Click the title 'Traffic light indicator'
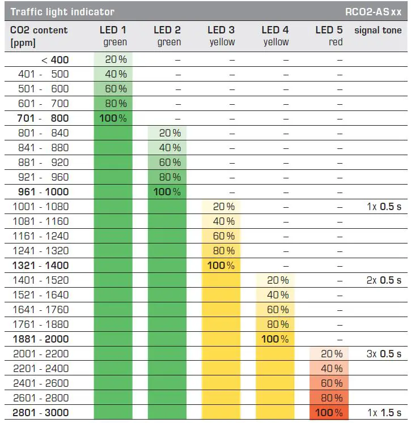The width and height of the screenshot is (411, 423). tap(62, 11)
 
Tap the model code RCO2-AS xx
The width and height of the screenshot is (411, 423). tap(374, 11)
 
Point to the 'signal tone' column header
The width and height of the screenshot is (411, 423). tap(378, 30)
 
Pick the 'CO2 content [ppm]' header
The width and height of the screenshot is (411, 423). tap(39, 36)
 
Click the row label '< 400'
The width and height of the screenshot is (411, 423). tap(55, 59)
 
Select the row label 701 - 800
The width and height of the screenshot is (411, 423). tap(43, 118)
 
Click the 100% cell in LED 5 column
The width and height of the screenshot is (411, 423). tap(329, 413)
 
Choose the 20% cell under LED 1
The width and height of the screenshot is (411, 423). tap(115, 59)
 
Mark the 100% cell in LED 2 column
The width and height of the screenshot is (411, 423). tap(167, 192)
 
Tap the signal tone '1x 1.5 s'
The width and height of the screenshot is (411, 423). tap(384, 413)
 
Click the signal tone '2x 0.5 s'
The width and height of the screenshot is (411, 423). tap(384, 280)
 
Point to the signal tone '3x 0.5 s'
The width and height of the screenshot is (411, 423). tap(384, 354)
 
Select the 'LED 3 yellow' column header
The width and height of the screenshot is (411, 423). tap(221, 36)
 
